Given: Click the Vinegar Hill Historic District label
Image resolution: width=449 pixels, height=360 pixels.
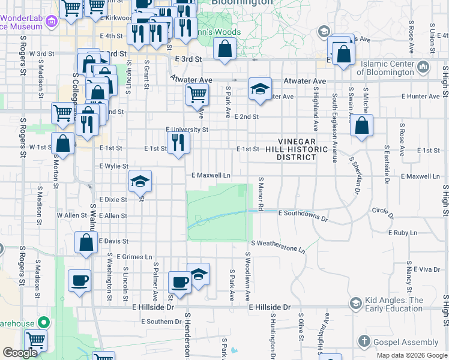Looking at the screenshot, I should coord(295,149).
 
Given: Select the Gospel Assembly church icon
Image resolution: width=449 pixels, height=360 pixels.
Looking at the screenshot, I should coord(364,342).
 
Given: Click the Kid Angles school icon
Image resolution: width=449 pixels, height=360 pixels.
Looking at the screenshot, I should coord(356,304).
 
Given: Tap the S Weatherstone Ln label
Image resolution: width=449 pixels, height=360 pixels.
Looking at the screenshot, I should coord(278,245).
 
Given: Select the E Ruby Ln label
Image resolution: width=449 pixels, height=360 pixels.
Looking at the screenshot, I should coord(402,232).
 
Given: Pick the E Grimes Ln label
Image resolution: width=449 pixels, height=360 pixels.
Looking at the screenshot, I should coord(134,257).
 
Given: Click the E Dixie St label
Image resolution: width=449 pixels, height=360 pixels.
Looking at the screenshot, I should coord(113,199).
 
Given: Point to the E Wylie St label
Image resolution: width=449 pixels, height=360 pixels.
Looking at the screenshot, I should coord(113,166).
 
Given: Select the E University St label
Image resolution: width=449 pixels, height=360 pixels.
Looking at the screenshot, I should coord(187,130).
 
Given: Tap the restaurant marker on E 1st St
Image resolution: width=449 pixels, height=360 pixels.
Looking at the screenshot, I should coord(178,143).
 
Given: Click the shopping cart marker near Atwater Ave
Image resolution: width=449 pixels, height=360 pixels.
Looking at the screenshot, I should coord(197,95).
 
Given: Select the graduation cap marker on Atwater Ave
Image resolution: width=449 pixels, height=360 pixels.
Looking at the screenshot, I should coord(259,89).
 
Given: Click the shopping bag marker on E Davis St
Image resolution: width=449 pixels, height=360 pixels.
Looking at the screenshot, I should coord(86,242).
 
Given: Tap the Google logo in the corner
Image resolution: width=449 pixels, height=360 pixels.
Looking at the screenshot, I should coord(20,353).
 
